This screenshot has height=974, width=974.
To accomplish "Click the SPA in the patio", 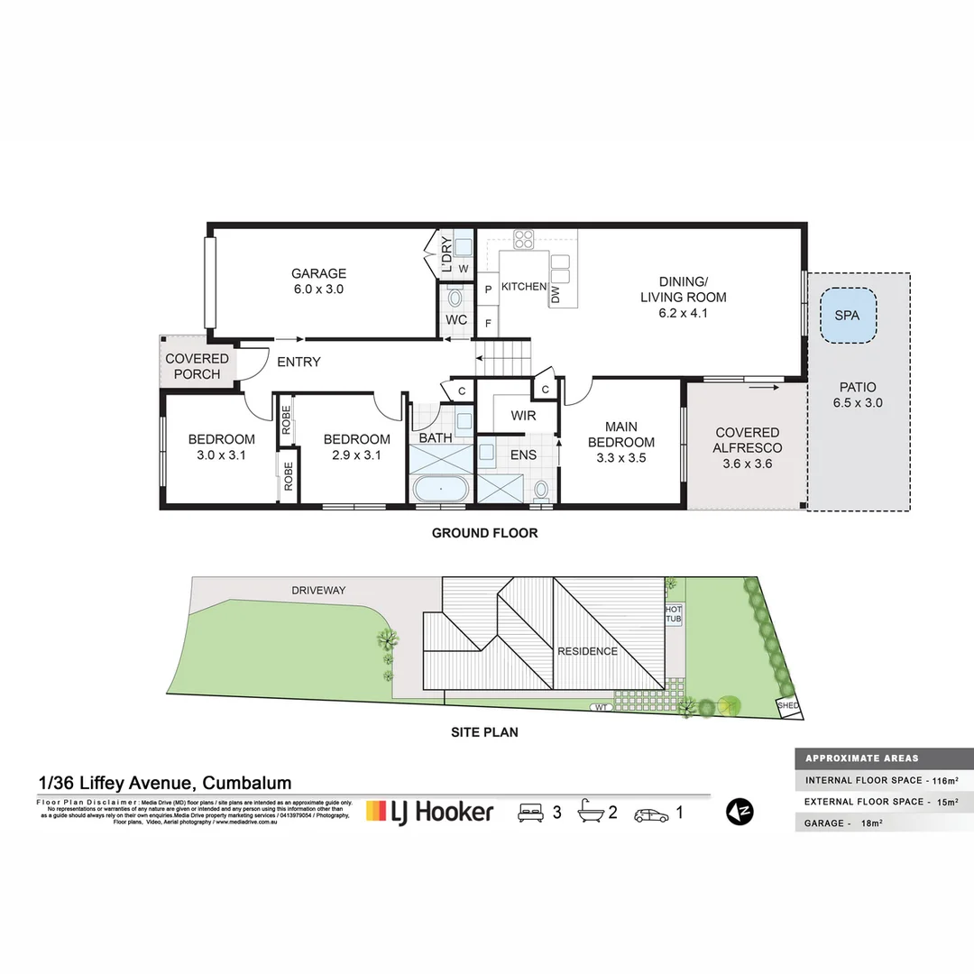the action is click(848, 316).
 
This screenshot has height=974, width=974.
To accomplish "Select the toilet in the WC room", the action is click(455, 298).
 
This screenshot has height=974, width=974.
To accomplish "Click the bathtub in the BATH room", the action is click(440, 490).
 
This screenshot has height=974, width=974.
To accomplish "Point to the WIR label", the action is click(523, 417).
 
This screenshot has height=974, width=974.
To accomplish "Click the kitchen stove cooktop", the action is click(524, 240).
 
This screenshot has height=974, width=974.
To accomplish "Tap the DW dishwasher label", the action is click(556, 293).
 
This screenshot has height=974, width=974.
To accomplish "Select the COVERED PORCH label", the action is click(197, 366).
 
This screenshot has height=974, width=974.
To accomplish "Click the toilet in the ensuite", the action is click(541, 489).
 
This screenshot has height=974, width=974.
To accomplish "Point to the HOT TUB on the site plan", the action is click(674, 615).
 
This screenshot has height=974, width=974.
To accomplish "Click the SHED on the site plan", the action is click(787, 706).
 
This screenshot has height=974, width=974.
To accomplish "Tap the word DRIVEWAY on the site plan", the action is click(318, 591).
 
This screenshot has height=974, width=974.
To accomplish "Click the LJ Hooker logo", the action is click(429, 812).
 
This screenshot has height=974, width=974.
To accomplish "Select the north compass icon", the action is click(740, 812).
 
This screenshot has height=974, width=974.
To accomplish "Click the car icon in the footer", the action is click(651, 813).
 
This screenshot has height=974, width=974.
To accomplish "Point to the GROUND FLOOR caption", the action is click(484, 533).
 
